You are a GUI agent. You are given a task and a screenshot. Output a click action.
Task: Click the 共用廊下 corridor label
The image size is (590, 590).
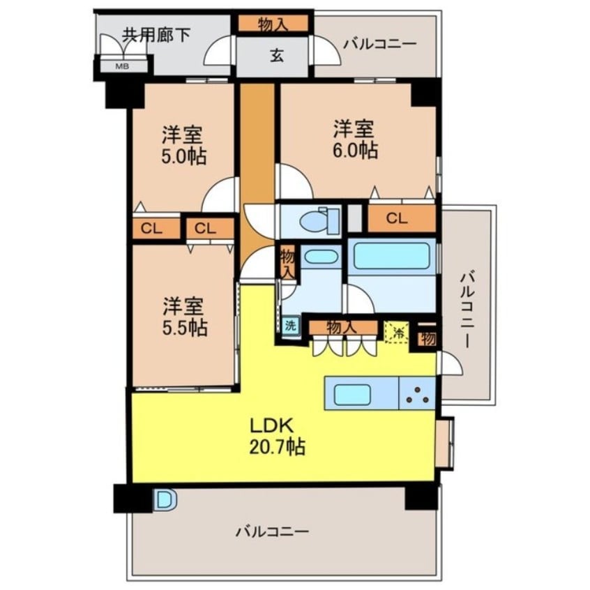[x=157, y=36]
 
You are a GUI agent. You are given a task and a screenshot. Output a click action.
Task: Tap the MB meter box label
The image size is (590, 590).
[x=121, y=67]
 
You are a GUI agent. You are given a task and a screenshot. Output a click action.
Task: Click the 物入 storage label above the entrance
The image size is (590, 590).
[x=273, y=24]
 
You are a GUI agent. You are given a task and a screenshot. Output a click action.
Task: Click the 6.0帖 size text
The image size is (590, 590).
[x=355, y=150]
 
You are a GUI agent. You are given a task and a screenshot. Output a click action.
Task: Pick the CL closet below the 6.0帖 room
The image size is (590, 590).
[x=396, y=219]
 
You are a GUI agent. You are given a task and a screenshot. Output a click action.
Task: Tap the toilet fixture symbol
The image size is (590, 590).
[x=318, y=220]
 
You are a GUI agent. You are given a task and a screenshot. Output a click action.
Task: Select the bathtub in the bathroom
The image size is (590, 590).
[x=391, y=256]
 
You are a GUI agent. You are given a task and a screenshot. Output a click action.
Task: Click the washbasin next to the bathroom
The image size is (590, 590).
[x=322, y=256]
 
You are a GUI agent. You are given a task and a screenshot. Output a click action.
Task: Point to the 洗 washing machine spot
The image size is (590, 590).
[x=290, y=325]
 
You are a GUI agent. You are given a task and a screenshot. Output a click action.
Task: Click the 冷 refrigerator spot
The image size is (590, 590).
[x=397, y=330]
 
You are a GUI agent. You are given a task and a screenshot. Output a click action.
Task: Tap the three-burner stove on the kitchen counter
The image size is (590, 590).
[x=418, y=395]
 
